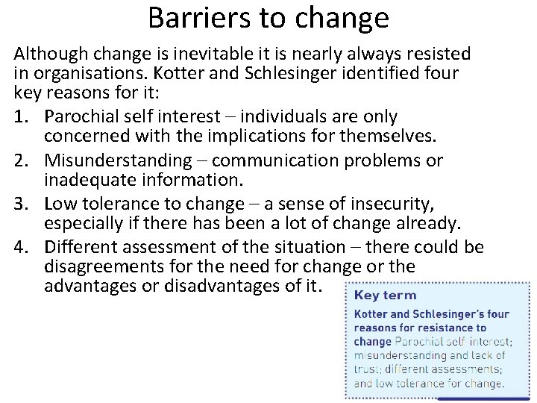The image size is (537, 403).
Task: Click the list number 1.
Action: tap(20, 118)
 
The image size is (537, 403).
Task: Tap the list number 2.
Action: tap(20, 160)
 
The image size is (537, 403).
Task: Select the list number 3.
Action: tap(20, 203)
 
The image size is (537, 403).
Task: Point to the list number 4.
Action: tap(20, 246)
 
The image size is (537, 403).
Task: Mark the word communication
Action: tap(294, 160)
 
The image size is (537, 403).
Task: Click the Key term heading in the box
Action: tap(385, 295)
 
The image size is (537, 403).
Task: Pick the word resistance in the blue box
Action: tap(443, 328)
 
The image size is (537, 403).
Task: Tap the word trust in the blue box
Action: tap(366, 369)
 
